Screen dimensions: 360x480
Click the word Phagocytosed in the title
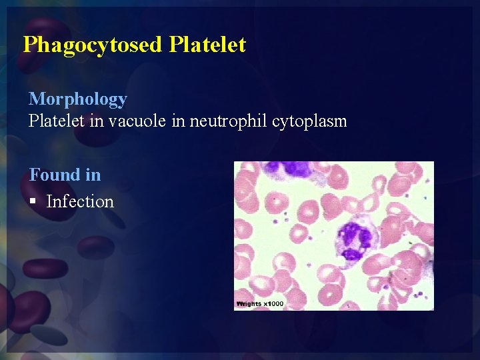click(x=93, y=45)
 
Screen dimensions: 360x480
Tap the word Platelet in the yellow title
click(x=207, y=45)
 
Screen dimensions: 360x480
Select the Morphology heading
click(x=78, y=99)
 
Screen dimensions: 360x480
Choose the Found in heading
click(x=65, y=175)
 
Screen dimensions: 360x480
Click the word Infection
click(x=80, y=201)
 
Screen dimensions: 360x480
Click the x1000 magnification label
click(x=273, y=304)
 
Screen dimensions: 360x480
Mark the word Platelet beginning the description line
click(x=51, y=121)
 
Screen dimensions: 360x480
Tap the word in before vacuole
click(x=85, y=121)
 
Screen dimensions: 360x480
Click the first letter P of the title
click(x=29, y=45)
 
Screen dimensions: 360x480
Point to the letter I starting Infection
click(x=49, y=201)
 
